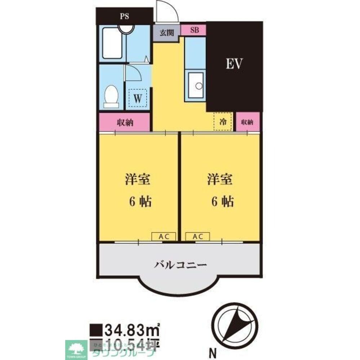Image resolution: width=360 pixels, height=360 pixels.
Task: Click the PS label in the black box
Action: tap(125, 16)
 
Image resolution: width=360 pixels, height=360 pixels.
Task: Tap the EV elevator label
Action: tap(234, 64)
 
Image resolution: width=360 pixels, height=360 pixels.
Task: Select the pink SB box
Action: tap(194, 30)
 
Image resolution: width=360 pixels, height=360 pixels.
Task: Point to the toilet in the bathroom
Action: tap(111, 96)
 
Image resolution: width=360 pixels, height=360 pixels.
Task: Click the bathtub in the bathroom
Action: tap(112, 43)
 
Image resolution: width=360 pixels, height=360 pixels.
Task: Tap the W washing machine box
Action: tap(138, 98)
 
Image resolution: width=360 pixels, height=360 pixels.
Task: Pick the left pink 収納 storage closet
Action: tap(125, 122)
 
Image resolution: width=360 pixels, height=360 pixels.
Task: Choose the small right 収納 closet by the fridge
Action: tap(248, 122)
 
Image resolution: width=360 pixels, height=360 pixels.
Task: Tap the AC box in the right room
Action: tap(197, 237)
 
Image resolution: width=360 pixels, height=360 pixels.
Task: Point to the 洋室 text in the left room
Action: tap(138, 179)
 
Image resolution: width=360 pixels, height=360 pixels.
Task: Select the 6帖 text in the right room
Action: tap(222, 202)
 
